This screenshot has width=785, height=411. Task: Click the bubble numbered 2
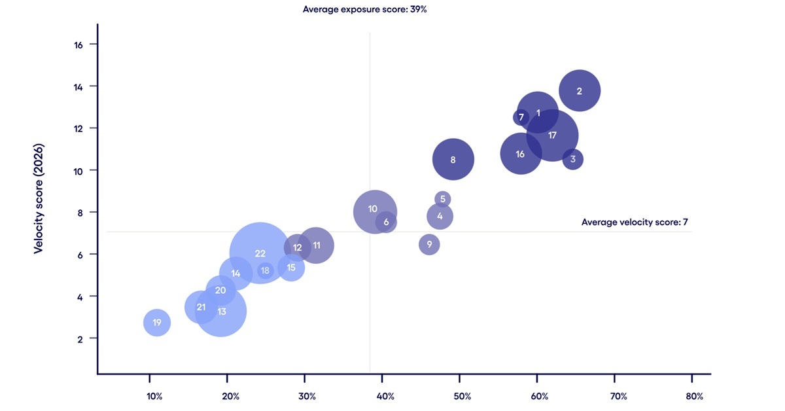pos(580,91)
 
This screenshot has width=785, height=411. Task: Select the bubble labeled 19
pos(157,323)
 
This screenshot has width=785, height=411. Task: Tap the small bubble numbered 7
pos(521,118)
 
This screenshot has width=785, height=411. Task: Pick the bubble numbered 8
pos(453,159)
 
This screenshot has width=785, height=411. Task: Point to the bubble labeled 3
pos(572,159)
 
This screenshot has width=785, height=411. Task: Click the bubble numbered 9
pos(429,245)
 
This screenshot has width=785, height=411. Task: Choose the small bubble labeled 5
pos(443,199)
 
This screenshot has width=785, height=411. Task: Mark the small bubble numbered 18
pos(265,270)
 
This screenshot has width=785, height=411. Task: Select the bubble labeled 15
pos(291,267)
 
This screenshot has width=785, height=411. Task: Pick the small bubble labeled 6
pos(386,222)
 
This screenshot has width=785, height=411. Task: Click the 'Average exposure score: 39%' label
pos(365,10)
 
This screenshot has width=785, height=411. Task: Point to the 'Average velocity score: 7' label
pos(634,223)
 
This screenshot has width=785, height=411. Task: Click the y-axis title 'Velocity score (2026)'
pos(39,198)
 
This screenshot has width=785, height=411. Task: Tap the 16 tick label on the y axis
pos(77,45)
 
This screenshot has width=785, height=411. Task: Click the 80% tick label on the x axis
pos(694,396)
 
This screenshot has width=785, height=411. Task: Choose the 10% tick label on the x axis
pos(154,396)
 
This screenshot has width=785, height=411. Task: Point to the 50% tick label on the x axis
pos(462,396)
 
